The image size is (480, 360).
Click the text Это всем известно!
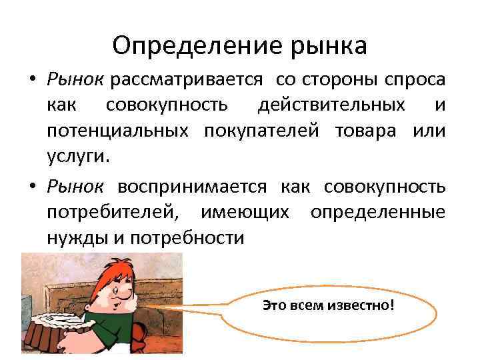(x=329, y=305)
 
